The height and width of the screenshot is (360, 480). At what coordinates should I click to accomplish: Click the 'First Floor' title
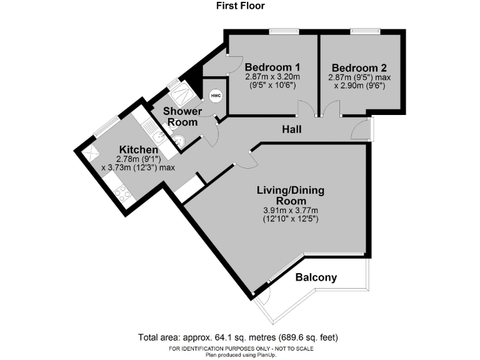240,6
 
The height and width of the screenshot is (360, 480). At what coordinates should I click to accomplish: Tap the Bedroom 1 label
272,67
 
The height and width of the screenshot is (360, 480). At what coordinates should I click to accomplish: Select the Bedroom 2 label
359,67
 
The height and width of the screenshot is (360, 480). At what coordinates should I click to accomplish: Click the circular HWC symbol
216,96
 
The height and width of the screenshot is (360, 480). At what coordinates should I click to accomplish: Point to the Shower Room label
182,117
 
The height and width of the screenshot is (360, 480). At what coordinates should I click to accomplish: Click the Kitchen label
137,150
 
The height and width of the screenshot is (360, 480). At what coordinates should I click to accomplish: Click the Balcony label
316,277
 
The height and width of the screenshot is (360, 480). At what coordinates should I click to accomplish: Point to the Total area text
240,337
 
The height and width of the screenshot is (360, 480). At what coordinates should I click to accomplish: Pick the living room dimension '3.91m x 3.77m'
291,211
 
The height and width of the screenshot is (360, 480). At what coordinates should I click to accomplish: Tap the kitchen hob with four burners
122,193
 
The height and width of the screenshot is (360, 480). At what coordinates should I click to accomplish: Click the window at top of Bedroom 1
284,31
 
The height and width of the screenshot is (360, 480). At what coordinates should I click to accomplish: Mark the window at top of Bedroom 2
364,31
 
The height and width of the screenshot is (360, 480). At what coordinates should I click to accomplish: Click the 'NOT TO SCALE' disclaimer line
240,348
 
